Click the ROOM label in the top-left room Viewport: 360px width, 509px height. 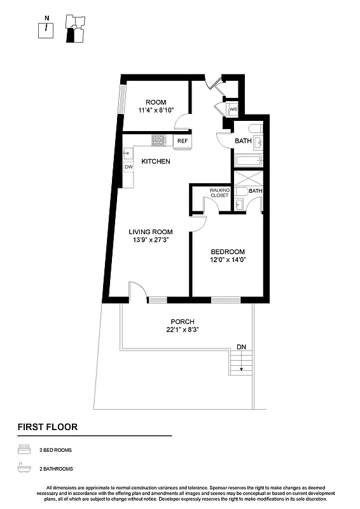[156, 102]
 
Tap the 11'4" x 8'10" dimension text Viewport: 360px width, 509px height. [156, 110]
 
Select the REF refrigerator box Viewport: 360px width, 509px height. [183, 141]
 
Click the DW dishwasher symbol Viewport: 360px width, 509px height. [128, 167]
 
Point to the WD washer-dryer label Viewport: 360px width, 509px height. [233, 109]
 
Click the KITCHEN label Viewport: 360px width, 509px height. [155, 162]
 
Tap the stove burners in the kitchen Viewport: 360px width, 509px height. [158, 141]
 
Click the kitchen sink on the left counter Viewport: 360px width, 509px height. [128, 153]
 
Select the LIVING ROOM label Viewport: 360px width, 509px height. [151, 232]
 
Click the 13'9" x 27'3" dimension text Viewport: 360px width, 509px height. [151, 241]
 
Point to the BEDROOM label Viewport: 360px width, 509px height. [228, 251]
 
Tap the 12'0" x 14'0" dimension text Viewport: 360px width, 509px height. [228, 260]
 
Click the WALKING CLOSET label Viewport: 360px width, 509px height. [219, 193]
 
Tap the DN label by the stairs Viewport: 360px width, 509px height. [241, 347]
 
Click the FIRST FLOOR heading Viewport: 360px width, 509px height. [47, 427]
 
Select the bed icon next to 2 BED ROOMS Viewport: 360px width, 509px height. [24, 450]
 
